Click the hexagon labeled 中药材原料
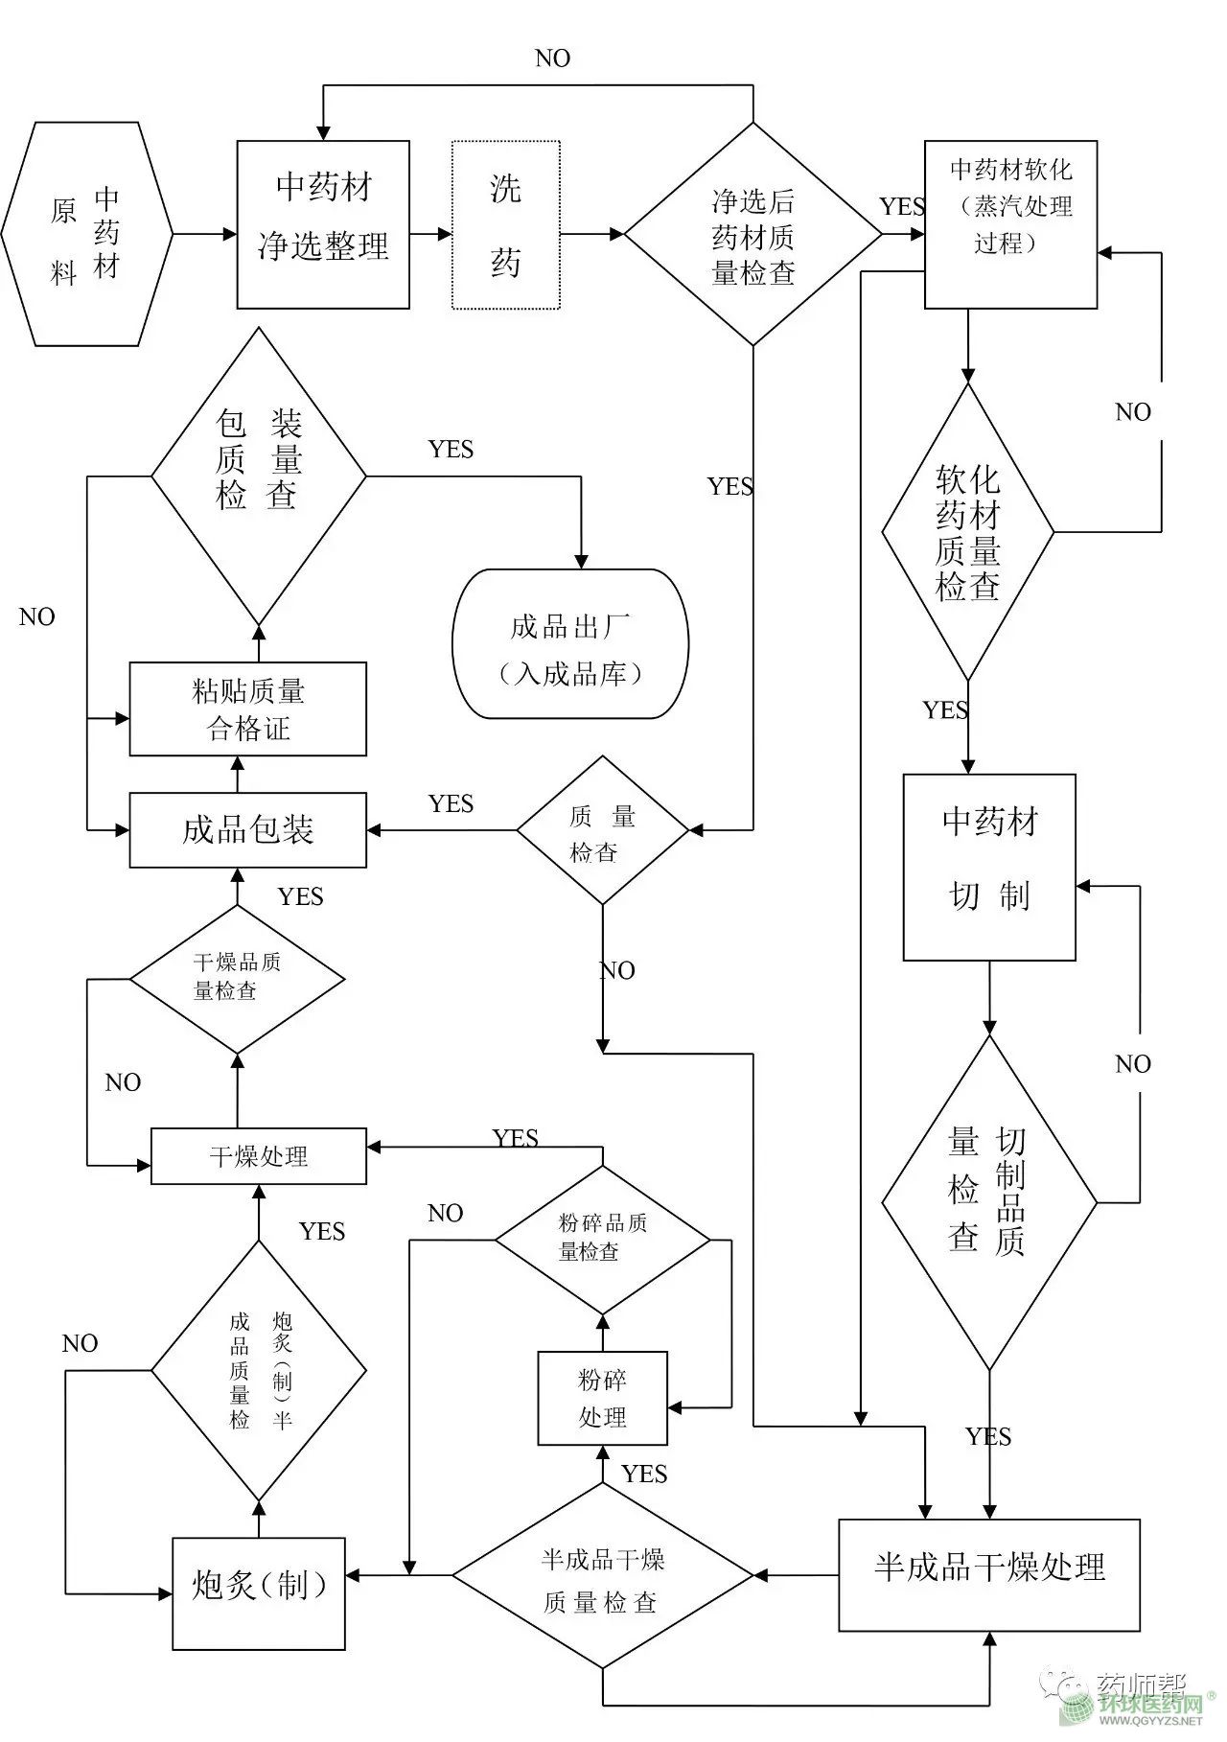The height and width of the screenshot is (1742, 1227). [87, 233]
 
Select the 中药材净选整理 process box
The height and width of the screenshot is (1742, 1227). [323, 224]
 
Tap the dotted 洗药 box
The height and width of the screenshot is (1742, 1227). [505, 225]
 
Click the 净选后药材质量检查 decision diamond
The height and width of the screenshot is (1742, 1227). [752, 234]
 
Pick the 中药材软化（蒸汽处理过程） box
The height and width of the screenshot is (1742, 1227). [1010, 224]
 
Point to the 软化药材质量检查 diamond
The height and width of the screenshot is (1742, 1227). [967, 532]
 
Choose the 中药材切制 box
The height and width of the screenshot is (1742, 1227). [989, 867]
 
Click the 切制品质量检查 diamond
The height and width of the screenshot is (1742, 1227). [988, 1202]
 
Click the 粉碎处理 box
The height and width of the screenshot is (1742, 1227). [602, 1398]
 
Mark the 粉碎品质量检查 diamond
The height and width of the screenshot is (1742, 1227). [602, 1240]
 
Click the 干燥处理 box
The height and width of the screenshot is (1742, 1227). [258, 1155]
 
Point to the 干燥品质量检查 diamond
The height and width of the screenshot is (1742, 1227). [237, 979]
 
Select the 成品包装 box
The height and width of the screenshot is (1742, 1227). [247, 829]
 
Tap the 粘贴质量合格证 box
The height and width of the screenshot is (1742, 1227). [247, 708]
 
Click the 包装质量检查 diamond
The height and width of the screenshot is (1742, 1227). [258, 476]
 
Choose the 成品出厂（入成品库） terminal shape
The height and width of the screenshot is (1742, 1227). [570, 643]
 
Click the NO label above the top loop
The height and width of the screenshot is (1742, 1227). [553, 58]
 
